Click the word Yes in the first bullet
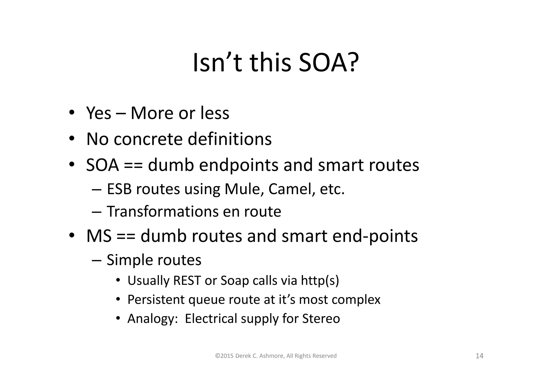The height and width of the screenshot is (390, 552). click(x=99, y=113)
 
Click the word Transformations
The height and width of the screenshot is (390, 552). click(x=163, y=211)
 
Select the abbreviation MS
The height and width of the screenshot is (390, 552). click(x=99, y=236)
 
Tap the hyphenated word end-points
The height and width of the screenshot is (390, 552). click(x=375, y=236)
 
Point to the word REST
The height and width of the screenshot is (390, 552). click(x=187, y=281)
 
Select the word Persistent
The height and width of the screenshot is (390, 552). click(x=156, y=299)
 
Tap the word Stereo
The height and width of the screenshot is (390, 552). click(x=321, y=318)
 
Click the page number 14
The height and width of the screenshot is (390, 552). click(x=479, y=356)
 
